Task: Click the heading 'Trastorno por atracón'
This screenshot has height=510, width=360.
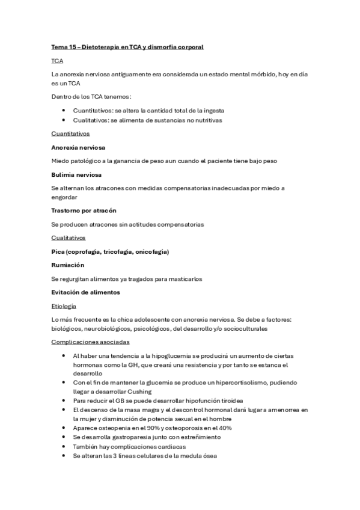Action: tap(84, 210)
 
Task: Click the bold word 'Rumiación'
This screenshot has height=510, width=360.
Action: tap(68, 265)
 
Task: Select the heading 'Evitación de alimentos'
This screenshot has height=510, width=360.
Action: tap(86, 292)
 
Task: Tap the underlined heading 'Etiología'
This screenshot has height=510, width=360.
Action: tap(64, 306)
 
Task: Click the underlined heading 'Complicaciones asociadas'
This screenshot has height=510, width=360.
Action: tap(90, 342)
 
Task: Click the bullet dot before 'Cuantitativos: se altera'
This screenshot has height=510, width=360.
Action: tap(64, 111)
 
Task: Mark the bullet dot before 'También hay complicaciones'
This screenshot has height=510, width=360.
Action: tap(64, 447)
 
